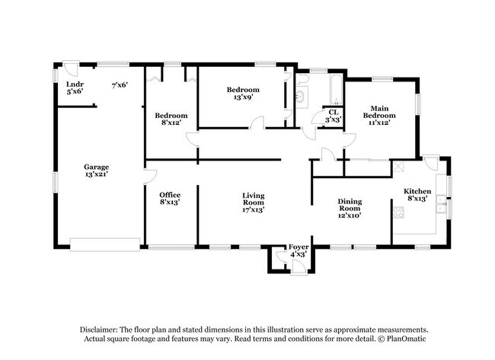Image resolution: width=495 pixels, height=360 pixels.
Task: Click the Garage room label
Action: pos(96,171)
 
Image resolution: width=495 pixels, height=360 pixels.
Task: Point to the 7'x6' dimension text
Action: pos(119,84)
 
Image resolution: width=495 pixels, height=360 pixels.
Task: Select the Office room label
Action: pos(169,199)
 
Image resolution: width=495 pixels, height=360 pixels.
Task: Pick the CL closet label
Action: pos(334,116)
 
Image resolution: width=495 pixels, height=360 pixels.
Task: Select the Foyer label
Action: pos(298,250)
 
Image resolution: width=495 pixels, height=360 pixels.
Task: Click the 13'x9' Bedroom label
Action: pos(243,94)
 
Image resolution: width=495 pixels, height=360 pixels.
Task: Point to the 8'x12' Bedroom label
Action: pos(171,119)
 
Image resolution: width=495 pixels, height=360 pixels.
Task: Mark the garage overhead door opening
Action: pos(104,244)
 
